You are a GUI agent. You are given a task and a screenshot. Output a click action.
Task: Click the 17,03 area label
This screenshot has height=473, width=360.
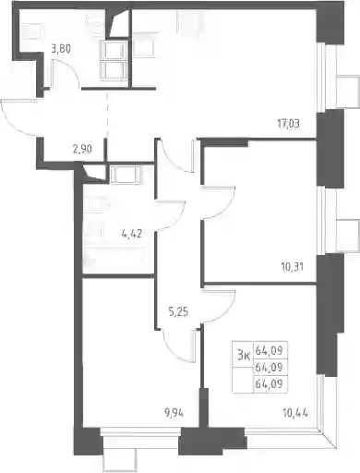coord(288,124)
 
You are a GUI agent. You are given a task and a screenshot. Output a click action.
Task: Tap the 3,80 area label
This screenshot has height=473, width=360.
coord(61,49)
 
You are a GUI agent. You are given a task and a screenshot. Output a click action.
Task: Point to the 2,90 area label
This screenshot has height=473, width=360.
coord(82,150)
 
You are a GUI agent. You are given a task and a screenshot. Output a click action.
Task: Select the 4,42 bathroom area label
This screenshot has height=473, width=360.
coord(132,234)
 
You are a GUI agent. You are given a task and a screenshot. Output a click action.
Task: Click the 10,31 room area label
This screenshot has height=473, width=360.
coord(292,267)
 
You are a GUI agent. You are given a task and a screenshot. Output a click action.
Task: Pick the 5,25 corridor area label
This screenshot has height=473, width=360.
coord(178,312)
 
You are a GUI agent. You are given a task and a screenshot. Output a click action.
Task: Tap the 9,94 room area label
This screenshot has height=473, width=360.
coord(174,413)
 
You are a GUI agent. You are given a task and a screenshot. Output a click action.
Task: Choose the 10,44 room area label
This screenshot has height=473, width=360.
coord(295,412)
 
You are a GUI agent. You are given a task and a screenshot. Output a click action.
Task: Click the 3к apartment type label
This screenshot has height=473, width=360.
coord(243,356)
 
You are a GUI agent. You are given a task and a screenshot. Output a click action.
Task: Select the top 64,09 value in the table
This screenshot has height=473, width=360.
coord(269,350)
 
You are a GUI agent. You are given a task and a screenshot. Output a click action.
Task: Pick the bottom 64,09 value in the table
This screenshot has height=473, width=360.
coord(269,383)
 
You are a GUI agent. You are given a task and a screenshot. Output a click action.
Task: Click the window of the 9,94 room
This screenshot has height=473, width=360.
coord(140,431)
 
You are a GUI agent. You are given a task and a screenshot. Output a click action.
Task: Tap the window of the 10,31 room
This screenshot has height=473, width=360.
coord(321,220)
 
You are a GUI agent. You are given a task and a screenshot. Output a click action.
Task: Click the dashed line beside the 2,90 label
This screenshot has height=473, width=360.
coord(107,115)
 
